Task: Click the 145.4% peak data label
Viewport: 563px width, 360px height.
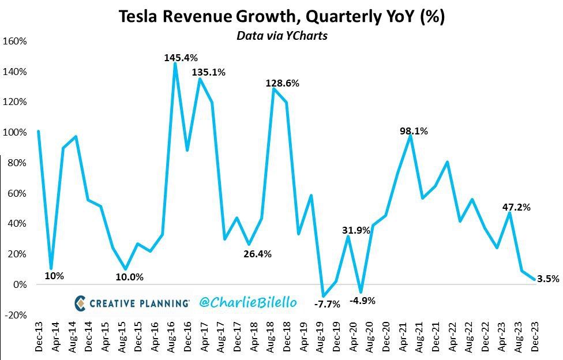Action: point(181,58)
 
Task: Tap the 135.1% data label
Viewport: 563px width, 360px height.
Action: point(208,73)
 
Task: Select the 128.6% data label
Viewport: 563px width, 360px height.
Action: point(282,83)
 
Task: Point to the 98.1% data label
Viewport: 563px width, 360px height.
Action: point(414,132)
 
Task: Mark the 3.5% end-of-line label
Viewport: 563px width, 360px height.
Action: point(547,279)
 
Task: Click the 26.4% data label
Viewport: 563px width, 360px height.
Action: point(257,254)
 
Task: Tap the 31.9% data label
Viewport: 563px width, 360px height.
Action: point(356,231)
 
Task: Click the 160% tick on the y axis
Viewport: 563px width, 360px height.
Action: point(15,42)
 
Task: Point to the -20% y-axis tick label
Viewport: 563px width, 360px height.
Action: point(15,315)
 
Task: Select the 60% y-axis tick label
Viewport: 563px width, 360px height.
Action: point(17,193)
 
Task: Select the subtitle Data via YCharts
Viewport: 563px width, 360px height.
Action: point(281,36)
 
